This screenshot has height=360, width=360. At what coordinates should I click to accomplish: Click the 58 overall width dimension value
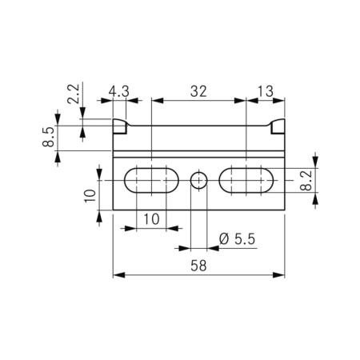pyautogui.click(x=198, y=266)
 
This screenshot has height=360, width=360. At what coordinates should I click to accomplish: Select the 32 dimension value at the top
pyautogui.click(x=198, y=91)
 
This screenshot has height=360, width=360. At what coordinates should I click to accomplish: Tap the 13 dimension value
pyautogui.click(x=266, y=91)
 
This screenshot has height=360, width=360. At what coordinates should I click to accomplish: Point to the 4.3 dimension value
pyautogui.click(x=119, y=91)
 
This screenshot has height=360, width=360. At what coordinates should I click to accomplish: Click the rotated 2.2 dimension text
pyautogui.click(x=74, y=94)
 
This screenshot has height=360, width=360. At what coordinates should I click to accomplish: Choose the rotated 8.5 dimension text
pyautogui.click(x=48, y=137)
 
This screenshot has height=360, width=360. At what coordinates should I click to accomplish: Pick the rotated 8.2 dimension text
pyautogui.click(x=306, y=181)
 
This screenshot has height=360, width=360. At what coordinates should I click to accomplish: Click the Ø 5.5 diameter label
pyautogui.click(x=237, y=239)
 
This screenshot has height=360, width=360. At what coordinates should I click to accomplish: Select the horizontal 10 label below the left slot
pyautogui.click(x=151, y=219)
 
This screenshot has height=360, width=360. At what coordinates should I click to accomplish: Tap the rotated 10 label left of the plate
pyautogui.click(x=90, y=196)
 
